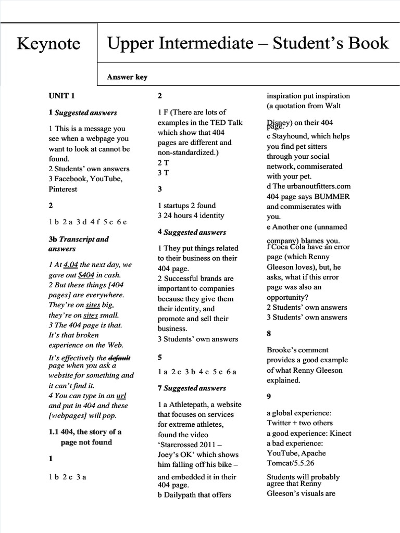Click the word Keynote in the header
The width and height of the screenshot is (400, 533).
point(48,44)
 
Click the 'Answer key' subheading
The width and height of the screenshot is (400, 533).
point(127,77)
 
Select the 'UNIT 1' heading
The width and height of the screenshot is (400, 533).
point(62,96)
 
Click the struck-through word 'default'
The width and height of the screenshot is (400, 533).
point(119,358)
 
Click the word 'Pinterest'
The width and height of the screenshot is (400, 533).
point(63,189)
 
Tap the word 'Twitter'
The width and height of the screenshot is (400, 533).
point(279,423)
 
